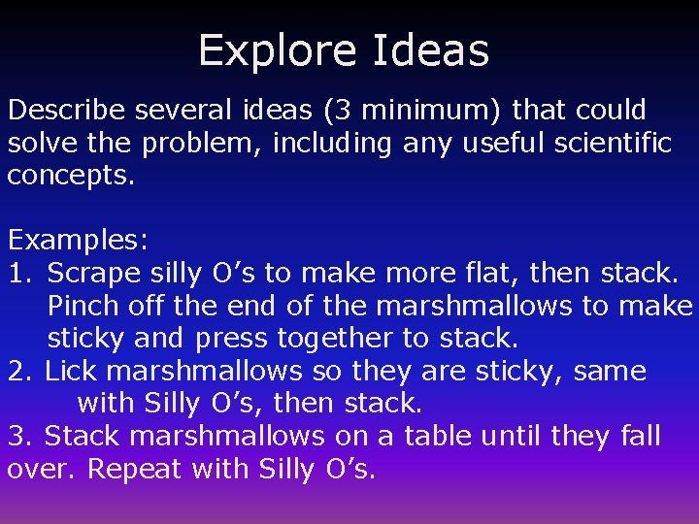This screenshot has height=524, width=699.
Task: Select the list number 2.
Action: coord(20,371)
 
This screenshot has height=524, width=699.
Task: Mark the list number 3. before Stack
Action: coord(20,436)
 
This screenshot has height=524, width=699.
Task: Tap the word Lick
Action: coord(73,371)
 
